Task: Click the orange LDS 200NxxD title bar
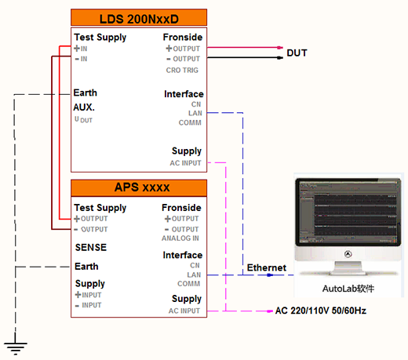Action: pos(139,17)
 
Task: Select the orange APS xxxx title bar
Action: pos(139,187)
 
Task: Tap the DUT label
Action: pos(297,53)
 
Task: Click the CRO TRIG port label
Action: pos(182,70)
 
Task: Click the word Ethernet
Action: pos(267,267)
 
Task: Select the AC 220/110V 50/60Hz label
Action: pos(321,311)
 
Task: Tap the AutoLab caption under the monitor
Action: pos(348,289)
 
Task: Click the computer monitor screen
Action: pos(348,212)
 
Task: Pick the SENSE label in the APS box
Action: pos(91,247)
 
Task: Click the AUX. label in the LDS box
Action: pos(84,107)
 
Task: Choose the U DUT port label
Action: pos(83,120)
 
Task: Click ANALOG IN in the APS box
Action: pos(180,238)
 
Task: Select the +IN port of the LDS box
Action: pos(81,49)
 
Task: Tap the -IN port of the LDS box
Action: pos(81,59)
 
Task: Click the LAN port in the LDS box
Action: pos(195,113)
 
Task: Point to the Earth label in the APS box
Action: pos(86,267)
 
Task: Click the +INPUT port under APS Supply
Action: pos(88,295)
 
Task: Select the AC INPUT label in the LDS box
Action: pos(185,163)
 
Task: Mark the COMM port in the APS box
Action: pos(189,284)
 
